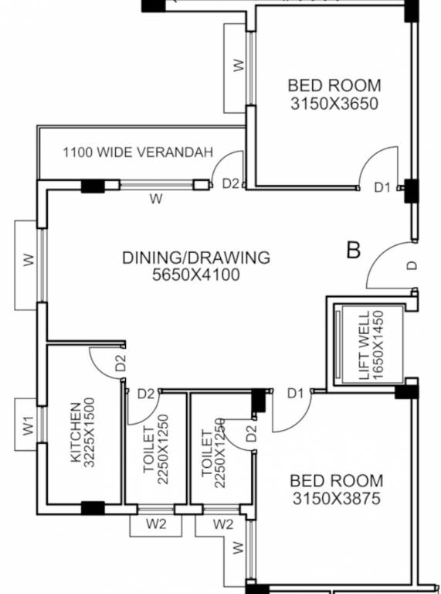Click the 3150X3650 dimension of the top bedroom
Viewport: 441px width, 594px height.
[334, 103]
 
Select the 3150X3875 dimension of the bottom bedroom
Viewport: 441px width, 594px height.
[336, 500]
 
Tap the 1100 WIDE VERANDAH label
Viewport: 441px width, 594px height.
[137, 152]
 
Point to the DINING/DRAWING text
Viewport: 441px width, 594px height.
[196, 258]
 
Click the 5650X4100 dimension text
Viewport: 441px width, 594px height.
[196, 275]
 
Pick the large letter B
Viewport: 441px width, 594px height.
[354, 250]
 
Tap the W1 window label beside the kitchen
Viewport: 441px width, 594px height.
[28, 425]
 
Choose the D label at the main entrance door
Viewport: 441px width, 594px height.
[412, 265]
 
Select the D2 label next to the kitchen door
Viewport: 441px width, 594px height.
[120, 364]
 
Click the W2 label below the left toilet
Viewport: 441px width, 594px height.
[157, 524]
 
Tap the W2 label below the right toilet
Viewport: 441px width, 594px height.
[222, 524]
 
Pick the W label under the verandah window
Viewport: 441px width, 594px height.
[156, 199]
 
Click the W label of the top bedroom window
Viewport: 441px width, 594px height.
[239, 66]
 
